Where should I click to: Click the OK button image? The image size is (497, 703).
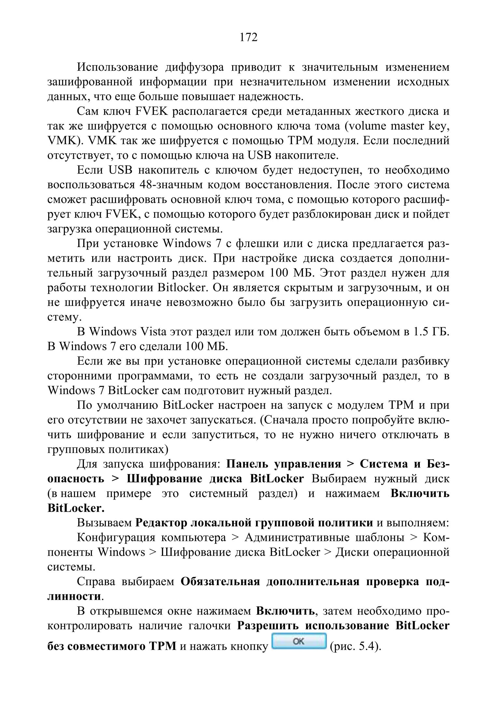299,641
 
